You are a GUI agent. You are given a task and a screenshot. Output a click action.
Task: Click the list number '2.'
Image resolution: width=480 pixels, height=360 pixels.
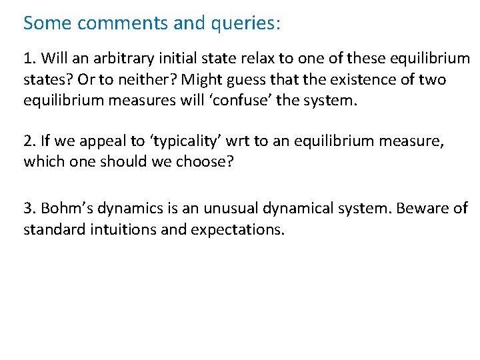30,141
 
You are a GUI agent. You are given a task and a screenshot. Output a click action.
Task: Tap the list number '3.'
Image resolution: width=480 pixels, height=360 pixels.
30,209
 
